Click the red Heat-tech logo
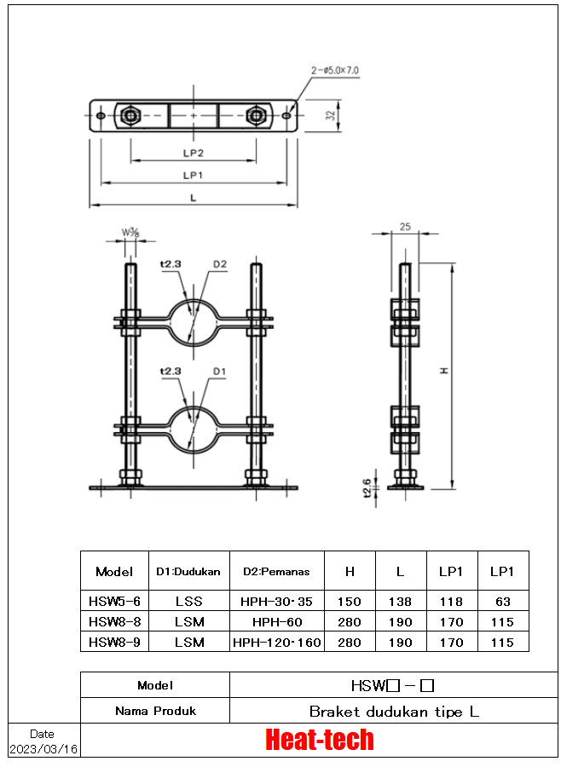[320, 740]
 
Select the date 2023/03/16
[43, 749]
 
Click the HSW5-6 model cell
[114, 601]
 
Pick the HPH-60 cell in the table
[277, 622]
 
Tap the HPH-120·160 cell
[277, 642]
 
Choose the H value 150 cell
[350, 601]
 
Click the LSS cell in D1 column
[189, 601]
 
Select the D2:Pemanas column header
[276, 571]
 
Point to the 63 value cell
[503, 601]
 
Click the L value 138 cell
[401, 601]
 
